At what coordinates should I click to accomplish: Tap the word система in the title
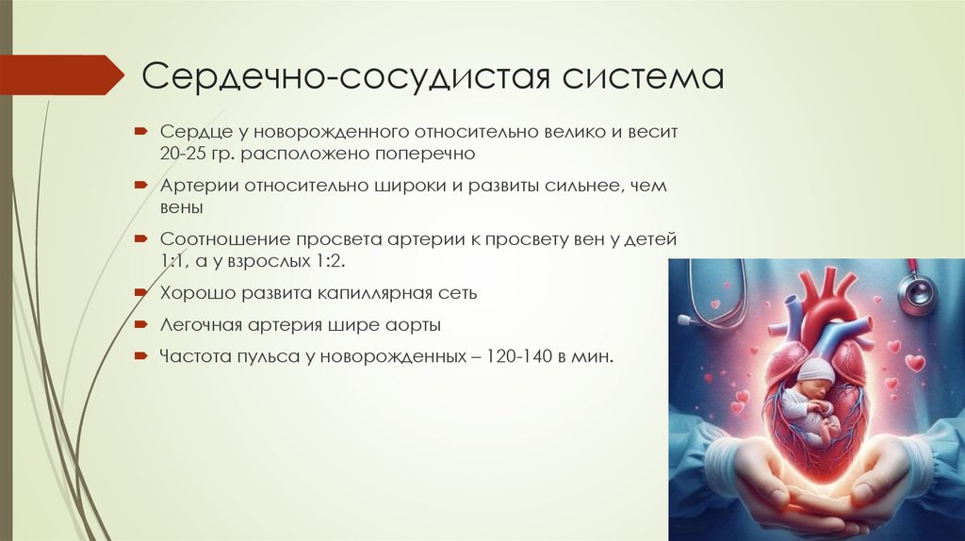pos(643,77)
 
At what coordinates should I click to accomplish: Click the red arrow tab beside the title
pos(61,74)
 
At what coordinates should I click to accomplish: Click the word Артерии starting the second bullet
pos(200,186)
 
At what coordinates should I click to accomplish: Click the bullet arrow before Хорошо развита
pos(139,292)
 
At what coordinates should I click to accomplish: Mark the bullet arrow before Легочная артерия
pos(139,324)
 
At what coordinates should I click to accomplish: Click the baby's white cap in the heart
pos(816,369)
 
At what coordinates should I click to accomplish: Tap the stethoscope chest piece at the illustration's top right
pos(917,295)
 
